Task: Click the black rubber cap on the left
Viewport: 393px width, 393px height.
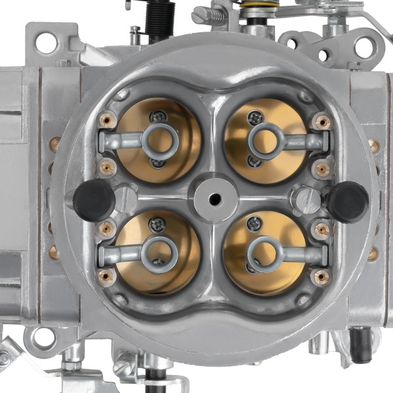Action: point(94,200)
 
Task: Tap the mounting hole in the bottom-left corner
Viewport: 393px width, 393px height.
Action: point(43,337)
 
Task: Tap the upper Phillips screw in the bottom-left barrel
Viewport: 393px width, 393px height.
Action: point(157,225)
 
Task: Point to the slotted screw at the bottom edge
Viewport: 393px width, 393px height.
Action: point(122,367)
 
